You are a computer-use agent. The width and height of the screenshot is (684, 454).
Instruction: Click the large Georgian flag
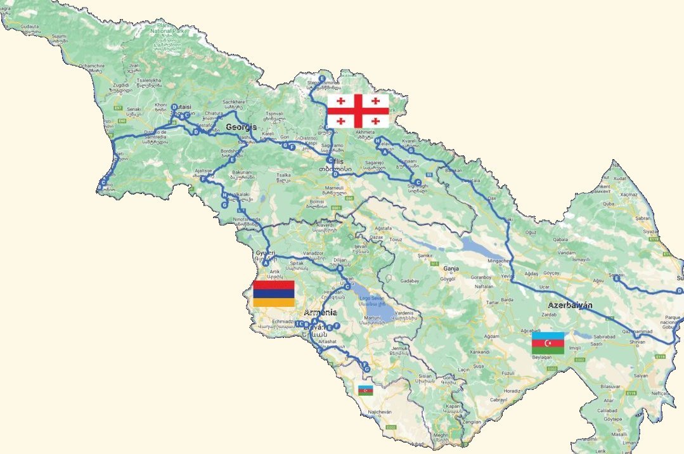(358, 110)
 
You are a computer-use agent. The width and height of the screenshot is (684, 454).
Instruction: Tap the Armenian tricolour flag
(274, 294)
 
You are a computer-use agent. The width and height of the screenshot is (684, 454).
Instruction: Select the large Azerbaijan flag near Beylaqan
(548, 343)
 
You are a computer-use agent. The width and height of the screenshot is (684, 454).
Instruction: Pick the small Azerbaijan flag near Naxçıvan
(366, 390)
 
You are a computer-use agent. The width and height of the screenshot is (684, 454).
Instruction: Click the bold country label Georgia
(241, 127)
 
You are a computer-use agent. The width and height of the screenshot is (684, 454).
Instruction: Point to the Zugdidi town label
(120, 84)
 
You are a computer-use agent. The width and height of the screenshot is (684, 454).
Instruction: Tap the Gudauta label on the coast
(30, 27)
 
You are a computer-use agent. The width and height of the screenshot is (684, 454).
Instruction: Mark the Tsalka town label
(284, 174)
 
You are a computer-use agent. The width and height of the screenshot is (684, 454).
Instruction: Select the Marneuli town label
(333, 188)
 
